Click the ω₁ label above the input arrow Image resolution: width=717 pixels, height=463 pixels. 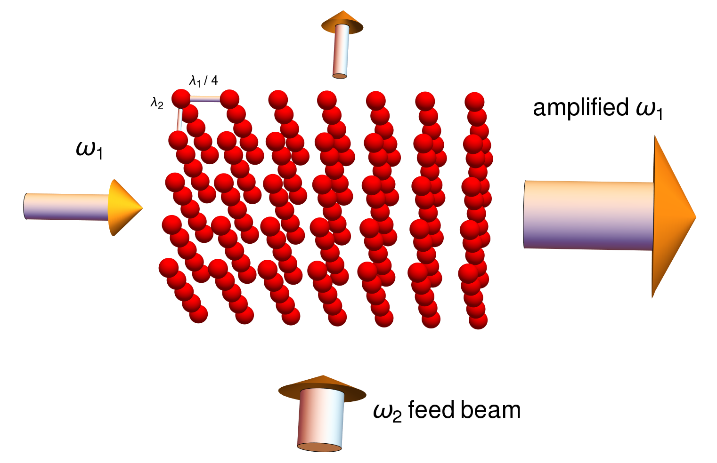(x=90, y=150)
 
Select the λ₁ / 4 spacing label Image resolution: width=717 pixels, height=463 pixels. (x=204, y=80)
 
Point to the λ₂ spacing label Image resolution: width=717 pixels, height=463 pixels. (x=157, y=104)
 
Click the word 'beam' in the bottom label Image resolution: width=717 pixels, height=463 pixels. (x=491, y=410)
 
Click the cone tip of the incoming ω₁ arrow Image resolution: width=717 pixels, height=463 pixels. (x=142, y=208)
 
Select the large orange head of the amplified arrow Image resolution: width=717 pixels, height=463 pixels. (x=672, y=217)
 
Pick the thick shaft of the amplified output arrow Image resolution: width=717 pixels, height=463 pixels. (x=588, y=215)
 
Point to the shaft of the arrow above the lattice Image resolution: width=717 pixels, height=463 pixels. (x=341, y=51)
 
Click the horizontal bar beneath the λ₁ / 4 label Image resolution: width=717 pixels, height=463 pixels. (x=205, y=99)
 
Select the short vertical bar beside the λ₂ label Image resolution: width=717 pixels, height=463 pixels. (x=179, y=119)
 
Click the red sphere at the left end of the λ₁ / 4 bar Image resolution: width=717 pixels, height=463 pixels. (x=181, y=98)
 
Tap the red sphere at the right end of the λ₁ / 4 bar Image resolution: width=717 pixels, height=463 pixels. (x=229, y=99)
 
